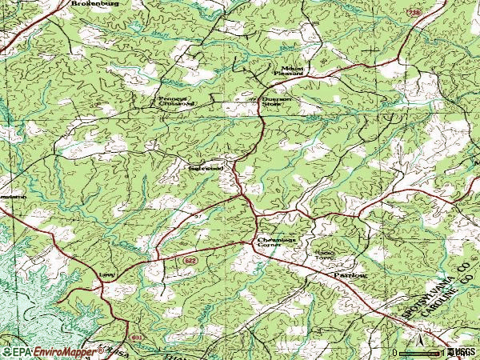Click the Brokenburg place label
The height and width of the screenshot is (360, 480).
(100, 4)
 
